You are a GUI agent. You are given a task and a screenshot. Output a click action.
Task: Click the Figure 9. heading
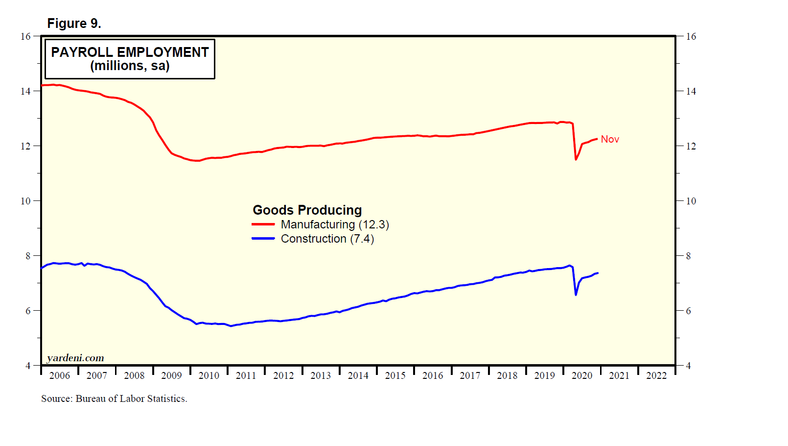click(x=74, y=24)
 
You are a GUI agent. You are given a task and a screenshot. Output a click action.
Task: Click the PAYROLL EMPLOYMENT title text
click(x=130, y=52)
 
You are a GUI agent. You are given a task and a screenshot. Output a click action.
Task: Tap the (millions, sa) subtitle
click(x=130, y=66)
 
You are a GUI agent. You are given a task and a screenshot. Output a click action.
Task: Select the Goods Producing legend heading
click(x=307, y=210)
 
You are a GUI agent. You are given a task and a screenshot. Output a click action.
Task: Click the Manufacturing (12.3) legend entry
click(x=335, y=224)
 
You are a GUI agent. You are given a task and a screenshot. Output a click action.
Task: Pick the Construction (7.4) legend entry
click(x=327, y=239)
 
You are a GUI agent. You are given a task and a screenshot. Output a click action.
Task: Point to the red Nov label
click(x=610, y=139)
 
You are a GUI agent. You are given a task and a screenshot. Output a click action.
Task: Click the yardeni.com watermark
click(x=75, y=358)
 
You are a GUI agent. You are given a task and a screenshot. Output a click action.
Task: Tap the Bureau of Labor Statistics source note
click(x=114, y=398)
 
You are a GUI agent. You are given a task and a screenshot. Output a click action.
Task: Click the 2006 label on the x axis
click(x=60, y=375)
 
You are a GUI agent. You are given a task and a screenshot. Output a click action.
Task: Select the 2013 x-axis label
click(x=321, y=375)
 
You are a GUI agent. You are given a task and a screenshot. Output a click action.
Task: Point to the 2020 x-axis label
click(x=582, y=375)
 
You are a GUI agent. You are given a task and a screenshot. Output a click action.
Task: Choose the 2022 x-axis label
click(x=656, y=375)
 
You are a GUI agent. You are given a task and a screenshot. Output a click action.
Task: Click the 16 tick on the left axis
click(x=25, y=36)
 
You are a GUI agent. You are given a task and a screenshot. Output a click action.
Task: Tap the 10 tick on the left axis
click(x=25, y=201)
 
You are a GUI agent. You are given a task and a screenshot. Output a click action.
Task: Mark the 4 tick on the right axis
click(x=688, y=366)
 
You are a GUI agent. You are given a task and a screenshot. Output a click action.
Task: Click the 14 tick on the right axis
click(x=691, y=91)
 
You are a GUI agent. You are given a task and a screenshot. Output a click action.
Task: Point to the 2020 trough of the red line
click(x=576, y=159)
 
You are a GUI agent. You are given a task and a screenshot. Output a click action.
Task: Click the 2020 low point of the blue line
click(x=576, y=295)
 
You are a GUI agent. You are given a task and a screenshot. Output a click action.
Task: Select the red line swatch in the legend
click(x=263, y=224)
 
